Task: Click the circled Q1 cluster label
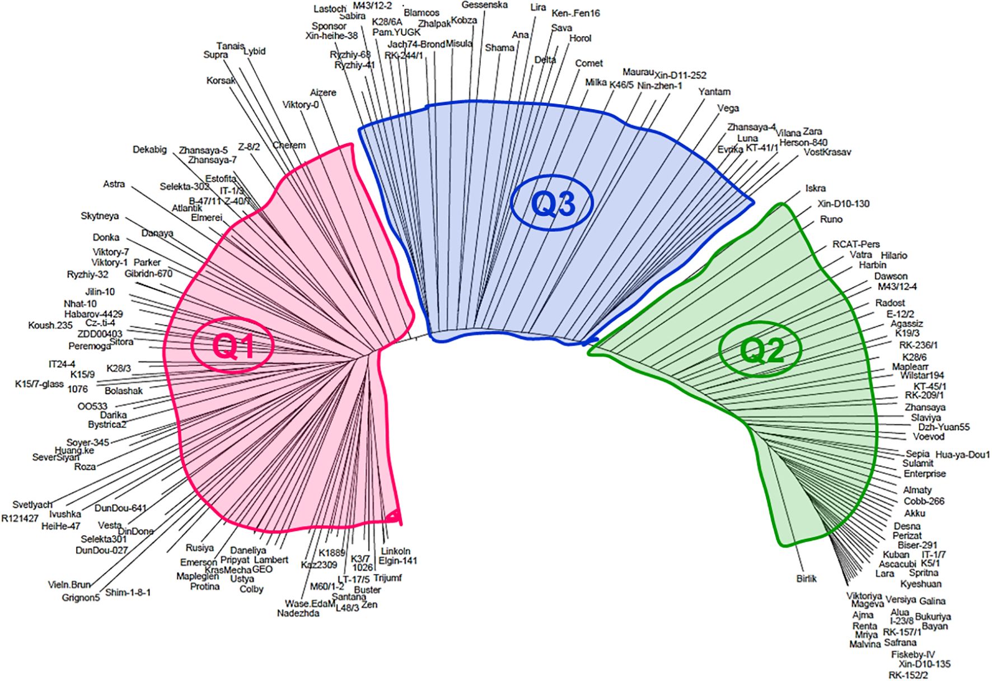[232, 346]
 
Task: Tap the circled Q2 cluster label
[761, 350]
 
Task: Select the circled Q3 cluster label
[553, 204]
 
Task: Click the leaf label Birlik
[806, 579]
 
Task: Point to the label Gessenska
[485, 5]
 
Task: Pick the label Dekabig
[149, 150]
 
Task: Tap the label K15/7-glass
[39, 384]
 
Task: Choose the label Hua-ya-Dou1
[962, 455]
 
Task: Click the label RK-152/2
[908, 675]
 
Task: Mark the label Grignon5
[81, 598]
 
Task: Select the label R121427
[20, 519]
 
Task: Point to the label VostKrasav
[827, 152]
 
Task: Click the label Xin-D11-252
[680, 75]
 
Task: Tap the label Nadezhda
[298, 613]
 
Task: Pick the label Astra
[114, 184]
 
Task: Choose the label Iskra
[815, 189]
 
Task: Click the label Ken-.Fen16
[575, 13]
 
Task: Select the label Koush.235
[50, 325]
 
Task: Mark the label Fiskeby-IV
[913, 655]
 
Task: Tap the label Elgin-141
[397, 561]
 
